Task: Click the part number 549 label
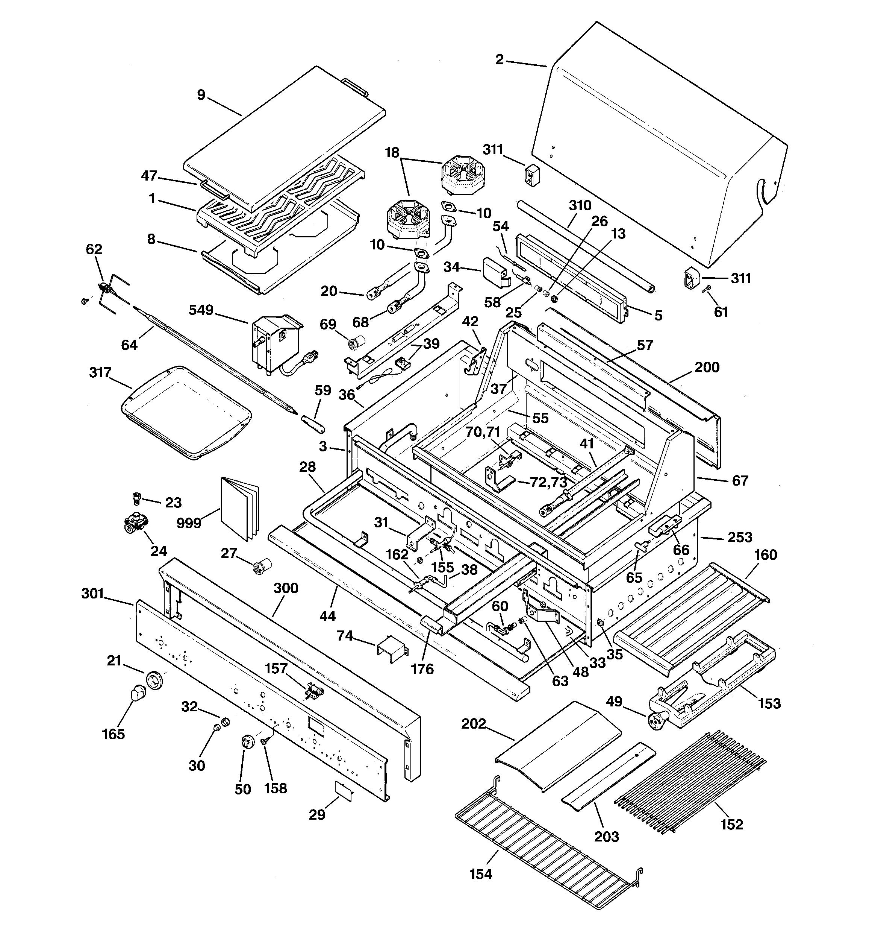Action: tap(201, 310)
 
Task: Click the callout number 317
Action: tap(100, 373)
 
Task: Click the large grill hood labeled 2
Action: tap(655, 150)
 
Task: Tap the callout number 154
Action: tap(481, 874)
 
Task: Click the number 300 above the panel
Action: tap(286, 588)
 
